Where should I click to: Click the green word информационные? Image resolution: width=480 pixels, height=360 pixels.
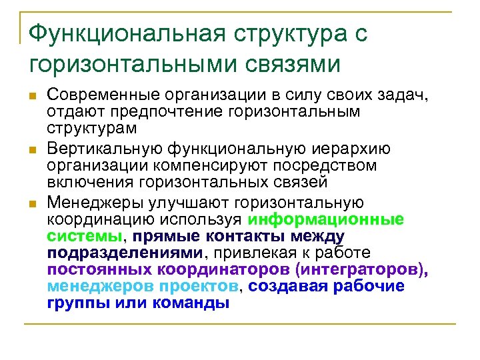[x=325, y=219]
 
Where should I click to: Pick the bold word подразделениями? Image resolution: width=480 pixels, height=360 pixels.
[x=125, y=253]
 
